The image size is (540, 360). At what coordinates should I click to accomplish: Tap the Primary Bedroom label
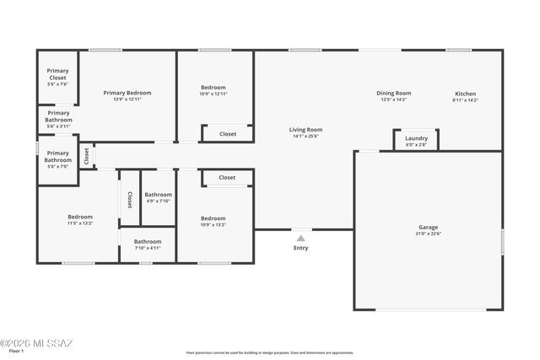click(127, 93)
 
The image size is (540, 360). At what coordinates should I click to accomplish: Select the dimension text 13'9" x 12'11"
click(127, 99)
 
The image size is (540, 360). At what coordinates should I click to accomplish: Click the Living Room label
click(306, 130)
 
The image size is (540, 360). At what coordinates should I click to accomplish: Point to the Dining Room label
click(393, 93)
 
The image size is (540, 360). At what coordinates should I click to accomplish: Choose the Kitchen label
click(465, 93)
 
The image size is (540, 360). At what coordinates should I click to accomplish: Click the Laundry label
click(416, 138)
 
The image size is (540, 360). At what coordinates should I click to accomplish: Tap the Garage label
click(429, 227)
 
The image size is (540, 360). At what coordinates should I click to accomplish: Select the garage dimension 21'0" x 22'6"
click(429, 234)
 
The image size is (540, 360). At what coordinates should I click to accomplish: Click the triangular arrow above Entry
click(300, 239)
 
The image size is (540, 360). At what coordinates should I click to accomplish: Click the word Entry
click(300, 248)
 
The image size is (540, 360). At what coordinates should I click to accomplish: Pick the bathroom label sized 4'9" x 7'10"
click(158, 195)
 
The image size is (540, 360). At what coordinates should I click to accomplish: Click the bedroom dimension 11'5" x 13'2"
click(80, 223)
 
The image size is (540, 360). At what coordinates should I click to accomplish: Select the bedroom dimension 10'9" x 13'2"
click(213, 225)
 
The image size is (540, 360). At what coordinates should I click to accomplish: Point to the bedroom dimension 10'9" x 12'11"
click(213, 94)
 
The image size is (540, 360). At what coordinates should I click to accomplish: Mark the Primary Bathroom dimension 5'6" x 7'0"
click(58, 167)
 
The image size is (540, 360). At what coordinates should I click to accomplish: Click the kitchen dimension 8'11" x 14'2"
click(465, 99)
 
